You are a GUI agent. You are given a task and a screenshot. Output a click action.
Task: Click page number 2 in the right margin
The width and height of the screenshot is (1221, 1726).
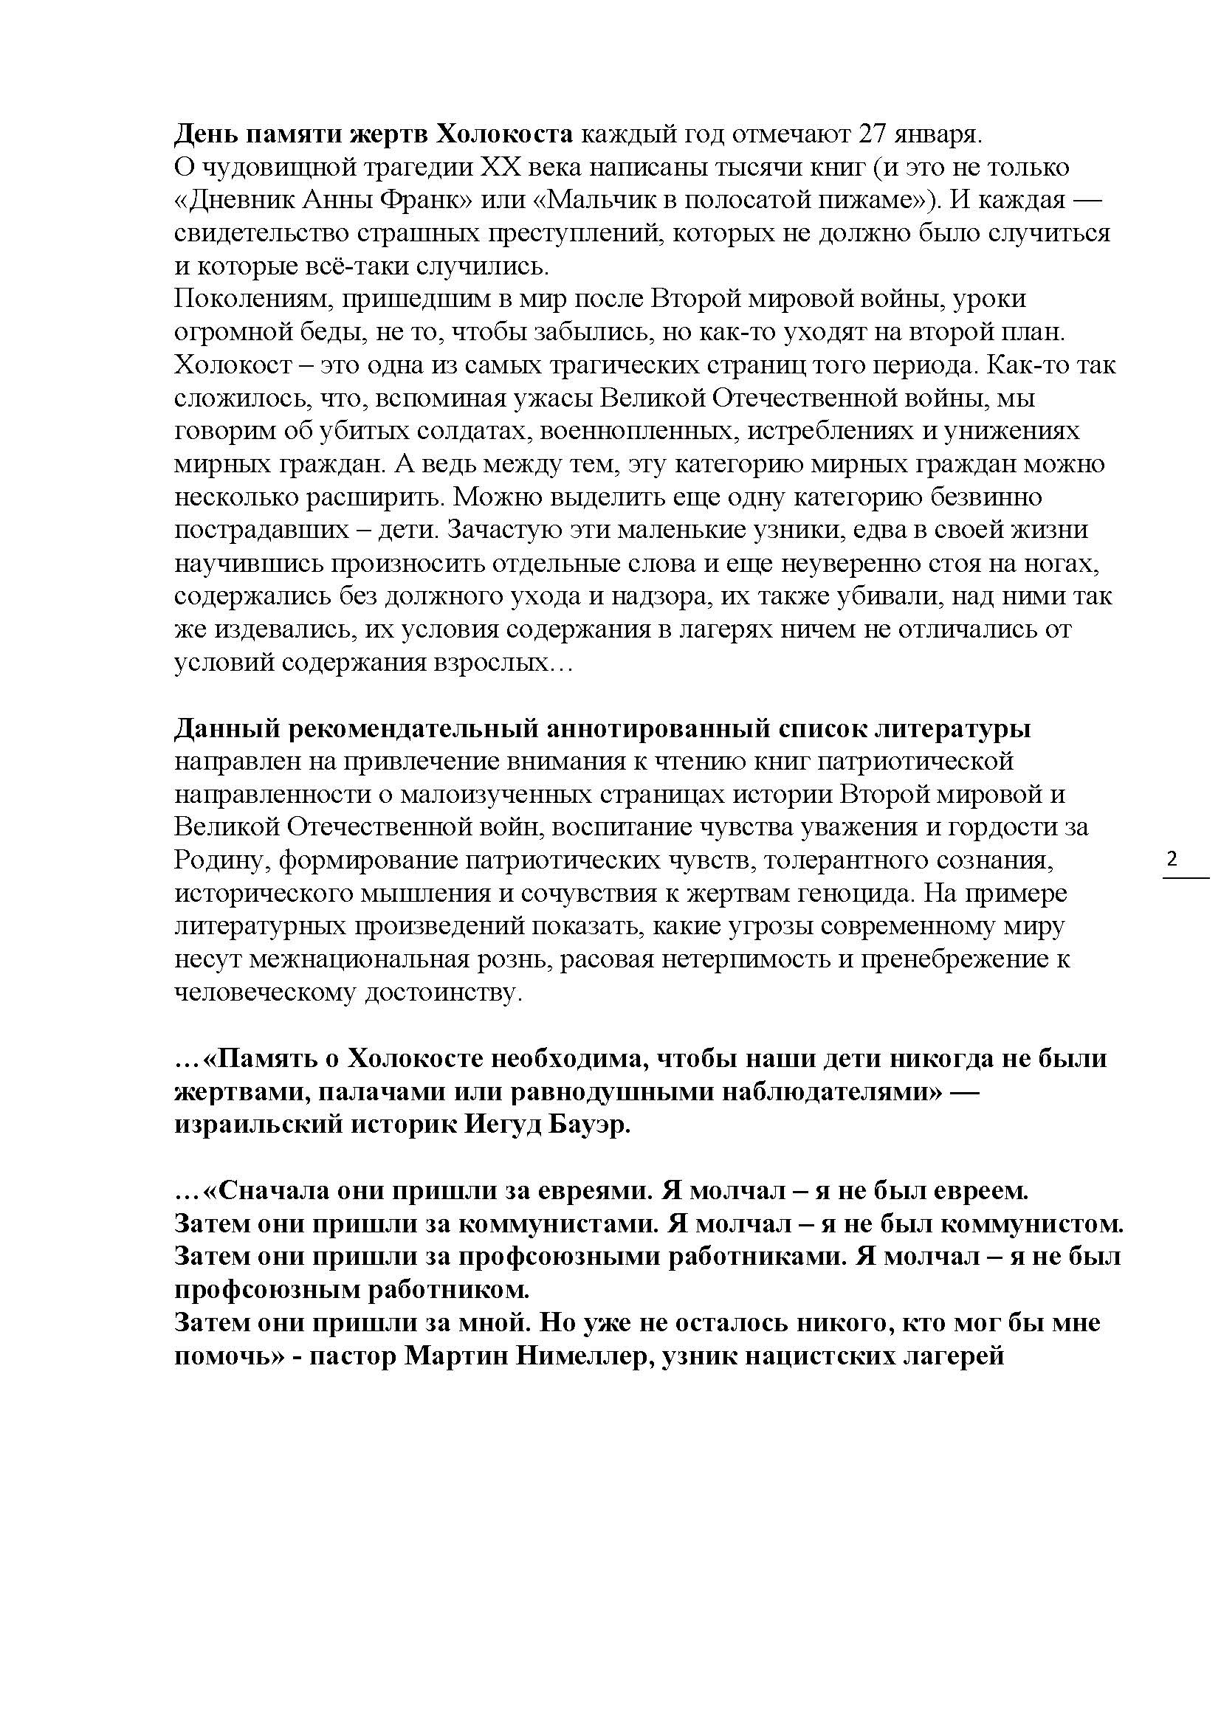tap(1172, 857)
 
